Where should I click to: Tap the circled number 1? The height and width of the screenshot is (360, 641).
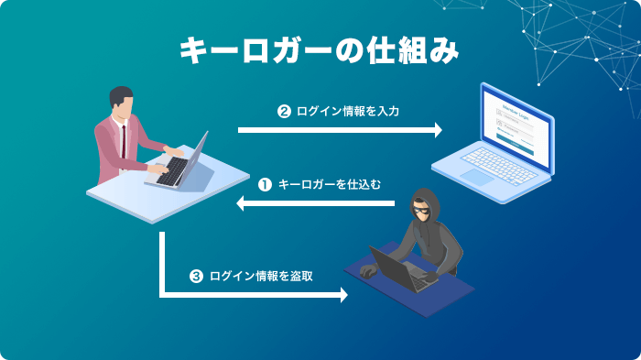click(265, 183)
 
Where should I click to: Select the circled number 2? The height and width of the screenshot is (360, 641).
click(284, 112)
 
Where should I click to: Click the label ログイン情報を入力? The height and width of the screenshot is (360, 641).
click(347, 112)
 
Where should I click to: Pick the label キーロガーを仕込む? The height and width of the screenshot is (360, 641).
click(329, 183)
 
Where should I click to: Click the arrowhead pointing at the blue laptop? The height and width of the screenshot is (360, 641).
click(437, 130)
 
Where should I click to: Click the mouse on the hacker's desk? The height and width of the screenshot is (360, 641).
click(367, 271)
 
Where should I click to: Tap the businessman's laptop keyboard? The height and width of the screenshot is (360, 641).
click(174, 169)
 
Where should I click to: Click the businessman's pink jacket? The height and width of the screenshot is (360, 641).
click(114, 147)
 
